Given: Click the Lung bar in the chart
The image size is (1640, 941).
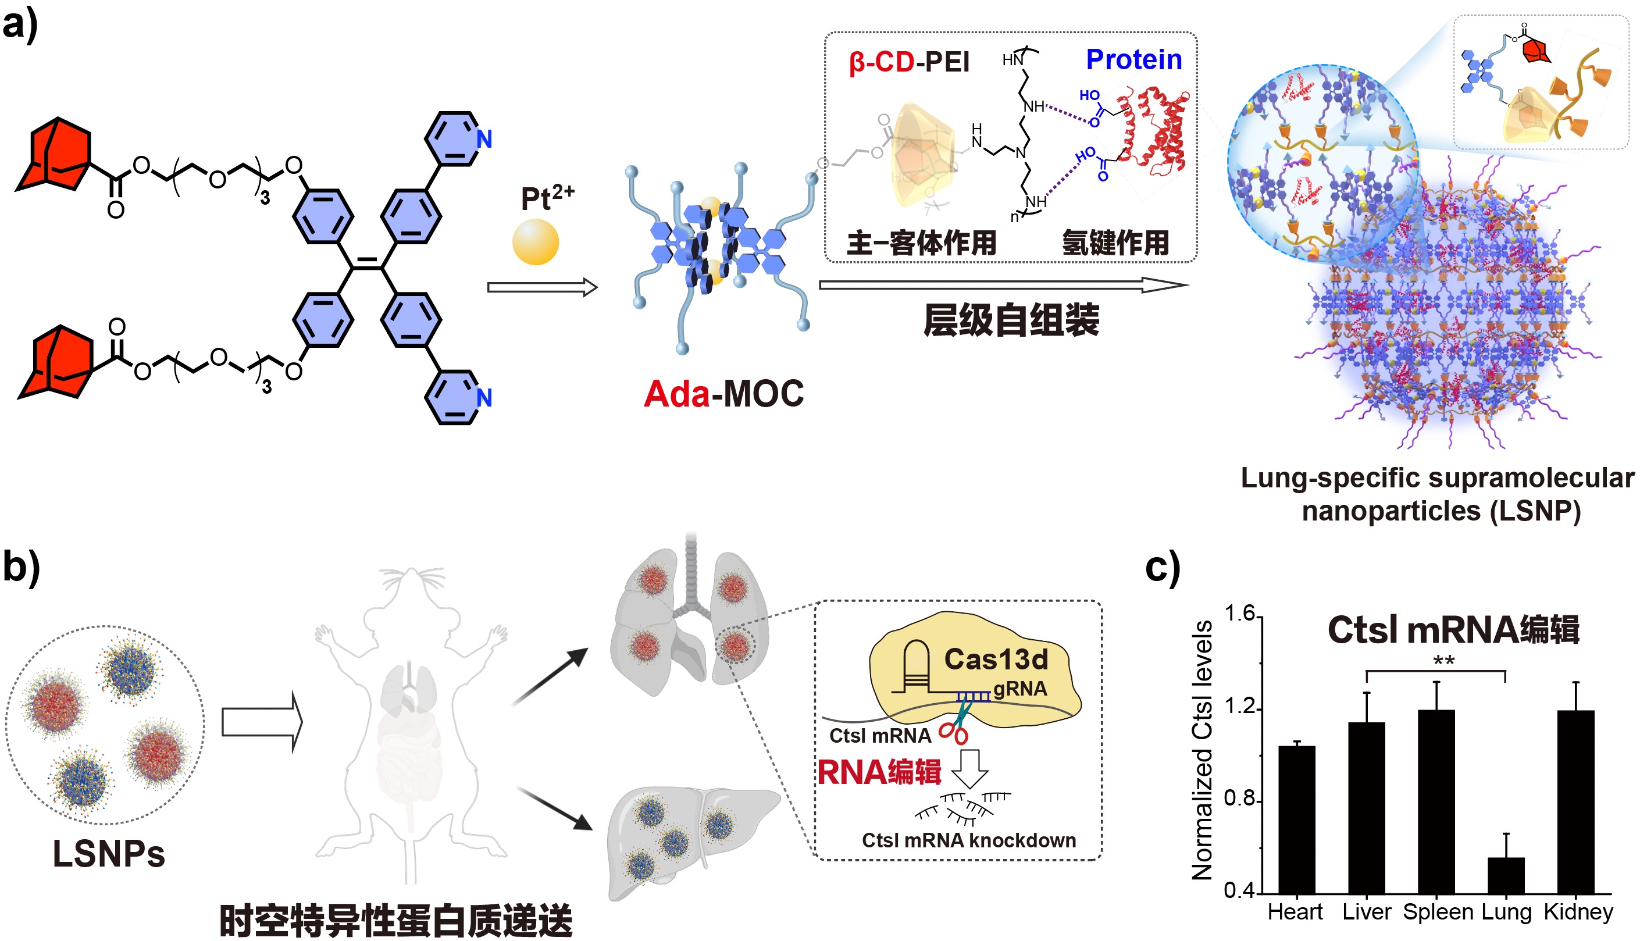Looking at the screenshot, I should pos(1506,875).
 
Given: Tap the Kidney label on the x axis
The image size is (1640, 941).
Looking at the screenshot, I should pos(1578,912).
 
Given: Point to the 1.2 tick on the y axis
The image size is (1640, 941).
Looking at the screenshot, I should pos(1239,707).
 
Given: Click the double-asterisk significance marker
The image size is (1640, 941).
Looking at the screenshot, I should pos(1443,661).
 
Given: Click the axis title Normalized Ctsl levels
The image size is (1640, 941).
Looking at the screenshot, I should pos(1203,750).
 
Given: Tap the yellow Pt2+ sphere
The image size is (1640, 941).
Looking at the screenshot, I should pos(535,242).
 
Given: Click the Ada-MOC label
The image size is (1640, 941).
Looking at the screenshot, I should pos(723,394).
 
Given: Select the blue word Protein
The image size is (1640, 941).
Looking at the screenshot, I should pos(1134,59).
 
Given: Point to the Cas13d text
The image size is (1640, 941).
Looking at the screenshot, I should pos(996,659).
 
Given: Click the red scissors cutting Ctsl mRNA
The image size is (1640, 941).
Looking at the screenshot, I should pos(954,732).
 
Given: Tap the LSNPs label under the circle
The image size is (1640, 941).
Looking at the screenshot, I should pos(109,853).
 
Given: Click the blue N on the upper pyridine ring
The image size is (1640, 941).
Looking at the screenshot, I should pos(484,139).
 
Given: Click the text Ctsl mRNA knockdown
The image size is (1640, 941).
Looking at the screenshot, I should pos(969,840).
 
